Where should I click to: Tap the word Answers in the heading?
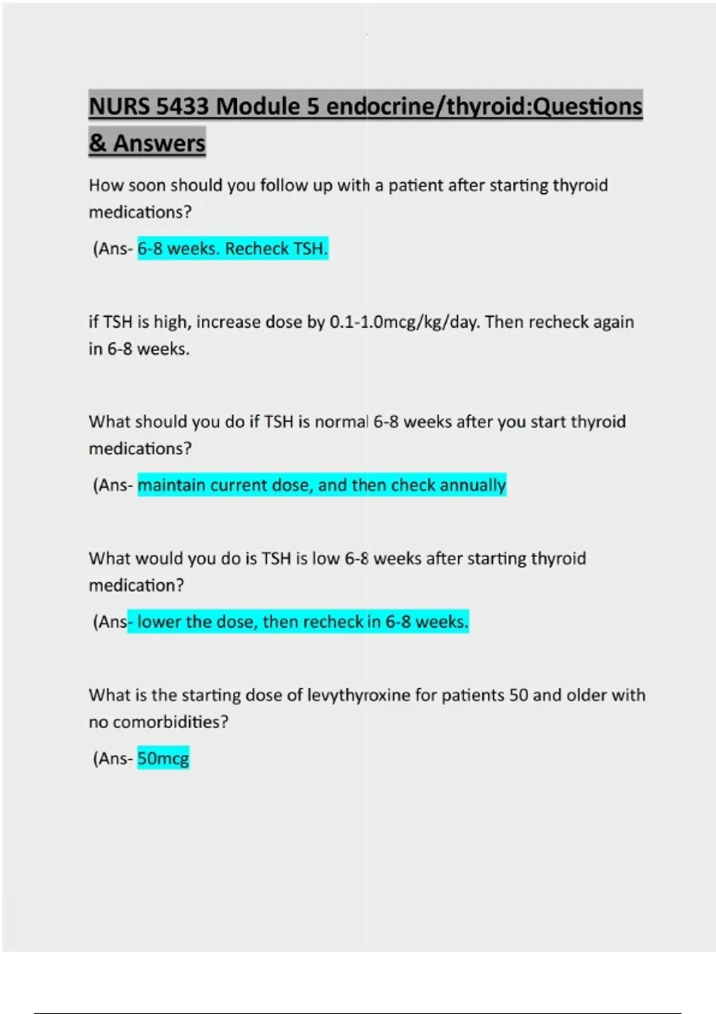coord(159,144)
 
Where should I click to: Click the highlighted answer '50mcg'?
coord(163,759)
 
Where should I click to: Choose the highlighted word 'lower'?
coord(159,622)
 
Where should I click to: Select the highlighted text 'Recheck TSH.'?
coord(276,249)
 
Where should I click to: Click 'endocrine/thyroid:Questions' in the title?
coord(484,107)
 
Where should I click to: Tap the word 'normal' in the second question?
coord(341,422)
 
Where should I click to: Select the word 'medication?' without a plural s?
coord(137,586)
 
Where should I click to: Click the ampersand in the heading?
coord(97,144)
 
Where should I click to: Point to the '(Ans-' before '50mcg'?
coord(113,759)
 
